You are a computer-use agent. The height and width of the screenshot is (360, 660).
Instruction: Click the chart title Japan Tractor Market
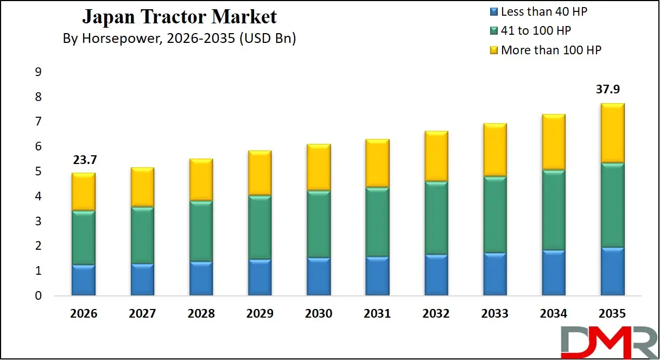[179, 17]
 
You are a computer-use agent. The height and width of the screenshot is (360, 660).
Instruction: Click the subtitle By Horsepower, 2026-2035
[179, 39]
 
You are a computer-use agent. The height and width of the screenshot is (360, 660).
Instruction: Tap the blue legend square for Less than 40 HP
[493, 11]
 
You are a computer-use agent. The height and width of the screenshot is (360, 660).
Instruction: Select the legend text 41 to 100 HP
[536, 30]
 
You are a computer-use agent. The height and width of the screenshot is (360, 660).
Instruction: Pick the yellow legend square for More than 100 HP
[493, 50]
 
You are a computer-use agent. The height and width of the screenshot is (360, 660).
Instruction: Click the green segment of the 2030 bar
[319, 224]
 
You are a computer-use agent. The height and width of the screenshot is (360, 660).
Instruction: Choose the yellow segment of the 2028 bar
[201, 180]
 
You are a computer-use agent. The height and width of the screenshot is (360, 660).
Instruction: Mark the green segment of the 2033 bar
[495, 214]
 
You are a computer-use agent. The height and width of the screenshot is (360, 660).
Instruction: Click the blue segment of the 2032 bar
[436, 275]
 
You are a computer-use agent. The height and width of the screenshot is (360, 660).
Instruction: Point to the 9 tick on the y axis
[38, 72]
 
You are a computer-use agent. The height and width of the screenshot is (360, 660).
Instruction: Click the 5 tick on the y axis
[38, 172]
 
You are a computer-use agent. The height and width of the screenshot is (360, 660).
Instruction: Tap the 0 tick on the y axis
[38, 296]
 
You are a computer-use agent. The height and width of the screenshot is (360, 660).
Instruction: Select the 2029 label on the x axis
[260, 314]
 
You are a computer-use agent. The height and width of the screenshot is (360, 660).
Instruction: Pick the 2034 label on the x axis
[554, 314]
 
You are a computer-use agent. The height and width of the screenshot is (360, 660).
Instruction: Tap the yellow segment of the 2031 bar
[377, 163]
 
